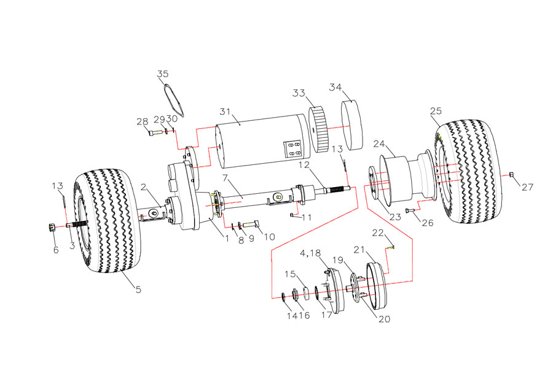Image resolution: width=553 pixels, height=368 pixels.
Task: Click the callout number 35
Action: [162, 74]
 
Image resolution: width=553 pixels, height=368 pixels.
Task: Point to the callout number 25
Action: [436, 112]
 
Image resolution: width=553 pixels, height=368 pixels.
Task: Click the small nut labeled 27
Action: [511, 175]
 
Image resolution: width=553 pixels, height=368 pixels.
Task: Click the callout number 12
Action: [321, 166]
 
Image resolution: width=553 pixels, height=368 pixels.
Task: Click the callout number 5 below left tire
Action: [138, 289]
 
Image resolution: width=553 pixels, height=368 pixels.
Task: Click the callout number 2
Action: [143, 187]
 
